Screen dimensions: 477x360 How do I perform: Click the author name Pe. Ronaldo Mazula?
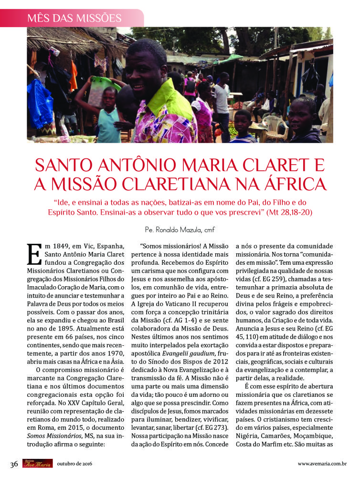click(180, 230)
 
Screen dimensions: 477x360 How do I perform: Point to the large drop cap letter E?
click(34, 254)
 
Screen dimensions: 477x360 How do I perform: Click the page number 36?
click(14, 464)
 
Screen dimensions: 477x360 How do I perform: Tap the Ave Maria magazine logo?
click(37, 463)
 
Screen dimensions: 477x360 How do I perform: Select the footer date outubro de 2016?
click(74, 464)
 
